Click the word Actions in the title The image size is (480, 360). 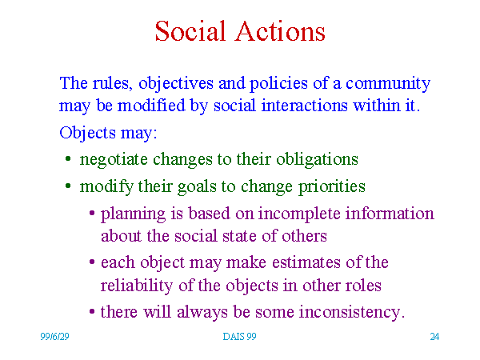(280, 31)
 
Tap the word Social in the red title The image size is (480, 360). (190, 31)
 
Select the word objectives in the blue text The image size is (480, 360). (176, 84)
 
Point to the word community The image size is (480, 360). (388, 84)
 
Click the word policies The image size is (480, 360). (278, 84)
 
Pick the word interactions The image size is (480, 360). (305, 106)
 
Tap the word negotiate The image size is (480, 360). (114, 160)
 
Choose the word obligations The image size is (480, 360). (317, 159)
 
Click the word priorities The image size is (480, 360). (331, 187)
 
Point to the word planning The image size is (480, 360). (133, 214)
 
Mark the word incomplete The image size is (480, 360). (299, 214)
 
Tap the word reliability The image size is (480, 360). (137, 286)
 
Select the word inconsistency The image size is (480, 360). (350, 313)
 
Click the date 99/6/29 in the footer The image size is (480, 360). (54, 337)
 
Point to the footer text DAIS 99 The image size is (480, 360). (239, 337)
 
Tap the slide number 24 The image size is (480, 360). (434, 337)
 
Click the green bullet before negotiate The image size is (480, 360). (68, 159)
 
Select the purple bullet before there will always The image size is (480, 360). (92, 312)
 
